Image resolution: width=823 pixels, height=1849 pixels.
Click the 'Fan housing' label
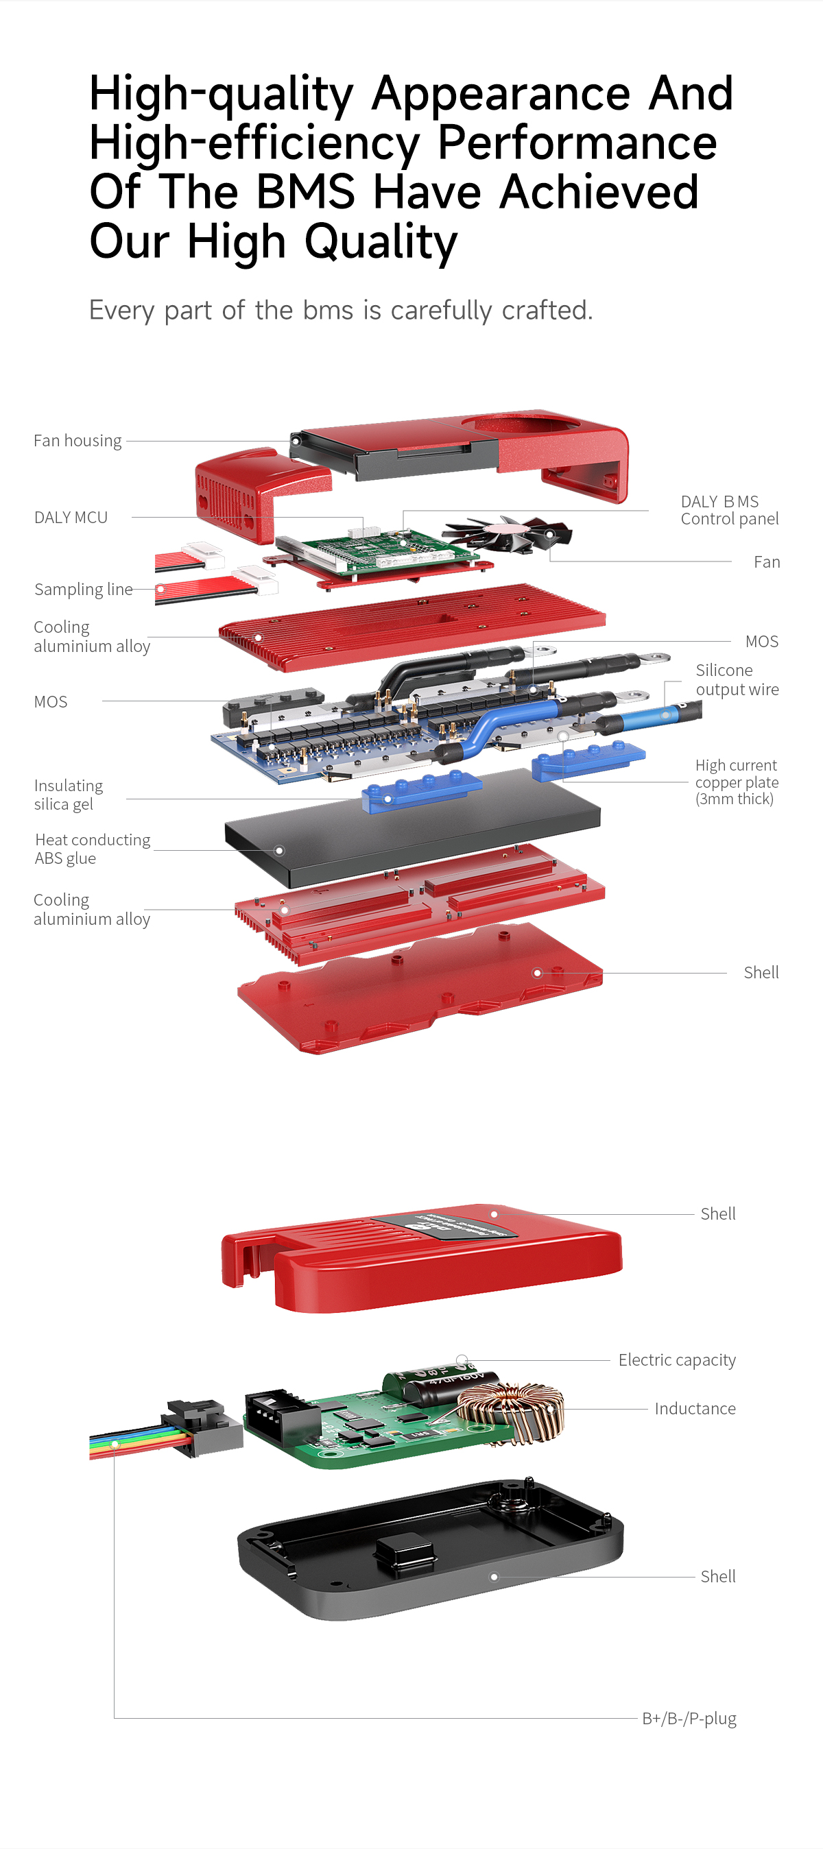click(77, 441)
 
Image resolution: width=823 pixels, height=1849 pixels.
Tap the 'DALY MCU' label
click(71, 518)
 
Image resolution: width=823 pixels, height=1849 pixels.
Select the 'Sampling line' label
click(83, 590)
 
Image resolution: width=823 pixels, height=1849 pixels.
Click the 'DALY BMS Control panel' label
click(729, 510)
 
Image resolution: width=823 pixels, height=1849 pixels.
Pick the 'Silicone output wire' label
click(737, 679)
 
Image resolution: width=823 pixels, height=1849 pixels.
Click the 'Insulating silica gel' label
click(68, 795)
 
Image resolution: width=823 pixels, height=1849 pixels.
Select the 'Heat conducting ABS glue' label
click(92, 849)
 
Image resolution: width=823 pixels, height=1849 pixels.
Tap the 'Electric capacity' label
click(676, 1360)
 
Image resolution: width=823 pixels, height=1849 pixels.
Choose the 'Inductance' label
click(695, 1409)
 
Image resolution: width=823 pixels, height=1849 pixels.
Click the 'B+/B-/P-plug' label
click(689, 1718)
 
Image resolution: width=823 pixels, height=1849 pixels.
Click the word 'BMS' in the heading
click(305, 192)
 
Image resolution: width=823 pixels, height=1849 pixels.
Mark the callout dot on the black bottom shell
click(494, 1577)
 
